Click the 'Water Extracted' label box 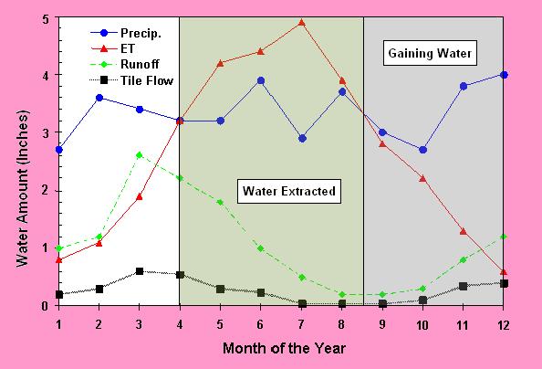tap(289, 192)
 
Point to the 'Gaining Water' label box tap(430, 54)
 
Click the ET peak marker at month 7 tap(301, 22)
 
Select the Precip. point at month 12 tap(504, 75)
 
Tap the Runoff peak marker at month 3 tap(139, 155)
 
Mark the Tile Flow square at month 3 tap(139, 271)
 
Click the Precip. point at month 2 tap(99, 98)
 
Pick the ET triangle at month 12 tap(504, 272)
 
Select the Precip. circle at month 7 tap(301, 139)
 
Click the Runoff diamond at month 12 tap(504, 237)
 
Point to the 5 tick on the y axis tap(45, 17)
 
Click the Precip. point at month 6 tap(261, 80)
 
